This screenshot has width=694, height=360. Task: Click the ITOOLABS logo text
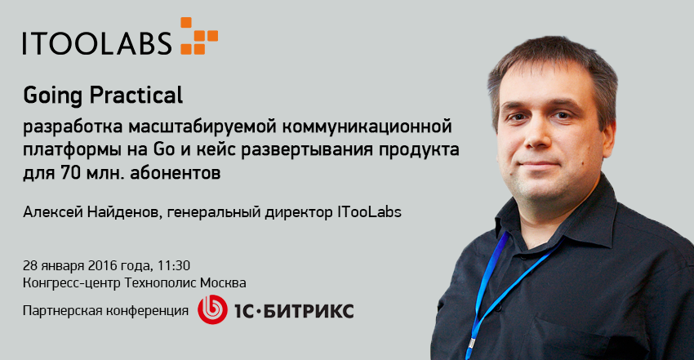pyautogui.click(x=97, y=42)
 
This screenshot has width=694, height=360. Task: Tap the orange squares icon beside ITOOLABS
pyautogui.click(x=199, y=36)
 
